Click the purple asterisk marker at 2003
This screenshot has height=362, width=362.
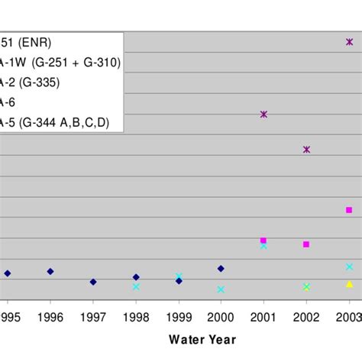click(x=349, y=42)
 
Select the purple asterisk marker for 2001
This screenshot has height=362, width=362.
click(x=263, y=114)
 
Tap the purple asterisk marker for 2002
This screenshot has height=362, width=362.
click(x=306, y=150)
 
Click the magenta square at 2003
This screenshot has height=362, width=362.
click(x=349, y=210)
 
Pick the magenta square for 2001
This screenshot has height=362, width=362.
click(x=263, y=241)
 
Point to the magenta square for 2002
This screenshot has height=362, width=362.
click(x=306, y=244)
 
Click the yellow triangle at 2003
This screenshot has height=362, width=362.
click(x=349, y=284)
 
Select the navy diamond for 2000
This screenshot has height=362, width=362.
click(x=221, y=268)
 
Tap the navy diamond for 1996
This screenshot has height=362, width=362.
click(x=50, y=271)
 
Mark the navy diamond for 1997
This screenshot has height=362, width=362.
click(x=93, y=282)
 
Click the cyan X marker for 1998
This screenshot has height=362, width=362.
click(x=136, y=287)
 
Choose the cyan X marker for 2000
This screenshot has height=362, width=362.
click(x=221, y=289)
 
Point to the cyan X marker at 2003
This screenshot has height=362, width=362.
click(x=349, y=267)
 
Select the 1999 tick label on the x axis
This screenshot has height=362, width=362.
click(x=178, y=315)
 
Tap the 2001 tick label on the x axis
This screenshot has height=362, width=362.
click(x=263, y=315)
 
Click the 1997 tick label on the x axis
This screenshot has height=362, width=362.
click(x=93, y=315)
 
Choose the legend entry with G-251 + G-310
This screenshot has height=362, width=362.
click(x=61, y=62)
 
